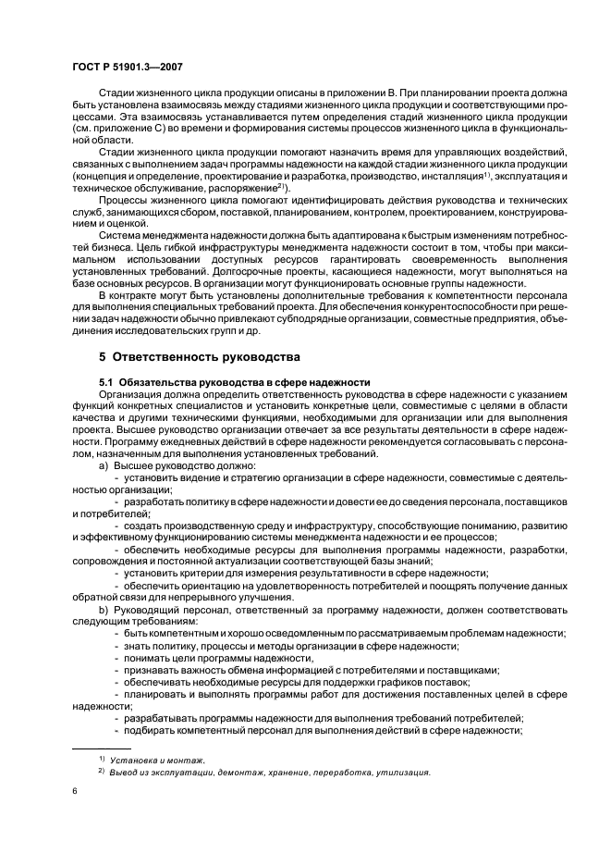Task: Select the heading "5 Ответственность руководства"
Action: pyautogui.click(x=192, y=356)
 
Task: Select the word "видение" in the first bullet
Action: pyautogui.click(x=194, y=478)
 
